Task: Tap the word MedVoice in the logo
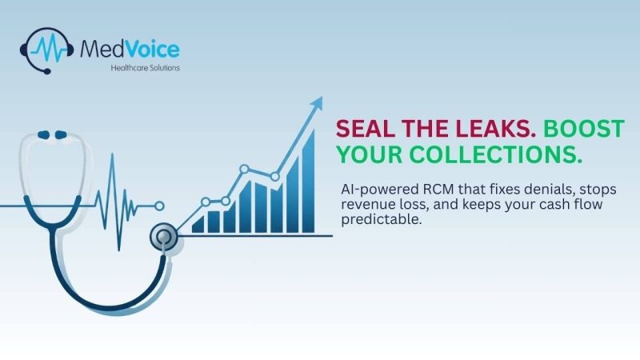click(x=130, y=49)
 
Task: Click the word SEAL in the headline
click(x=361, y=129)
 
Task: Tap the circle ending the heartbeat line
click(x=159, y=206)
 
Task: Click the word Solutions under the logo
click(x=166, y=68)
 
